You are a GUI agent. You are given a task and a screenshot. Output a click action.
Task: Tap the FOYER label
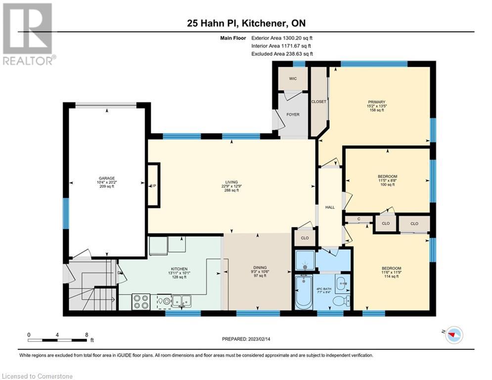point(293,114)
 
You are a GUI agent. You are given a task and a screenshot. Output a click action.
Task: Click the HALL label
point(330,207)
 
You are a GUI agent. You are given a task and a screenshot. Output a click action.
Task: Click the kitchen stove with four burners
point(140,301)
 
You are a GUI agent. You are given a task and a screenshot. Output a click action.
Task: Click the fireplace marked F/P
point(154,185)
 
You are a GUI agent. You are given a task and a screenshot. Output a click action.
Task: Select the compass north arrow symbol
point(451,335)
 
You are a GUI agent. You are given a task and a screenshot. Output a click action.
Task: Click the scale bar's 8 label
point(87,334)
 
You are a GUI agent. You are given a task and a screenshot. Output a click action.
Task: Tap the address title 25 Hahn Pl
point(246,24)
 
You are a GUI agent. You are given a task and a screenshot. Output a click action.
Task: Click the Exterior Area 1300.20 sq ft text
point(282,37)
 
